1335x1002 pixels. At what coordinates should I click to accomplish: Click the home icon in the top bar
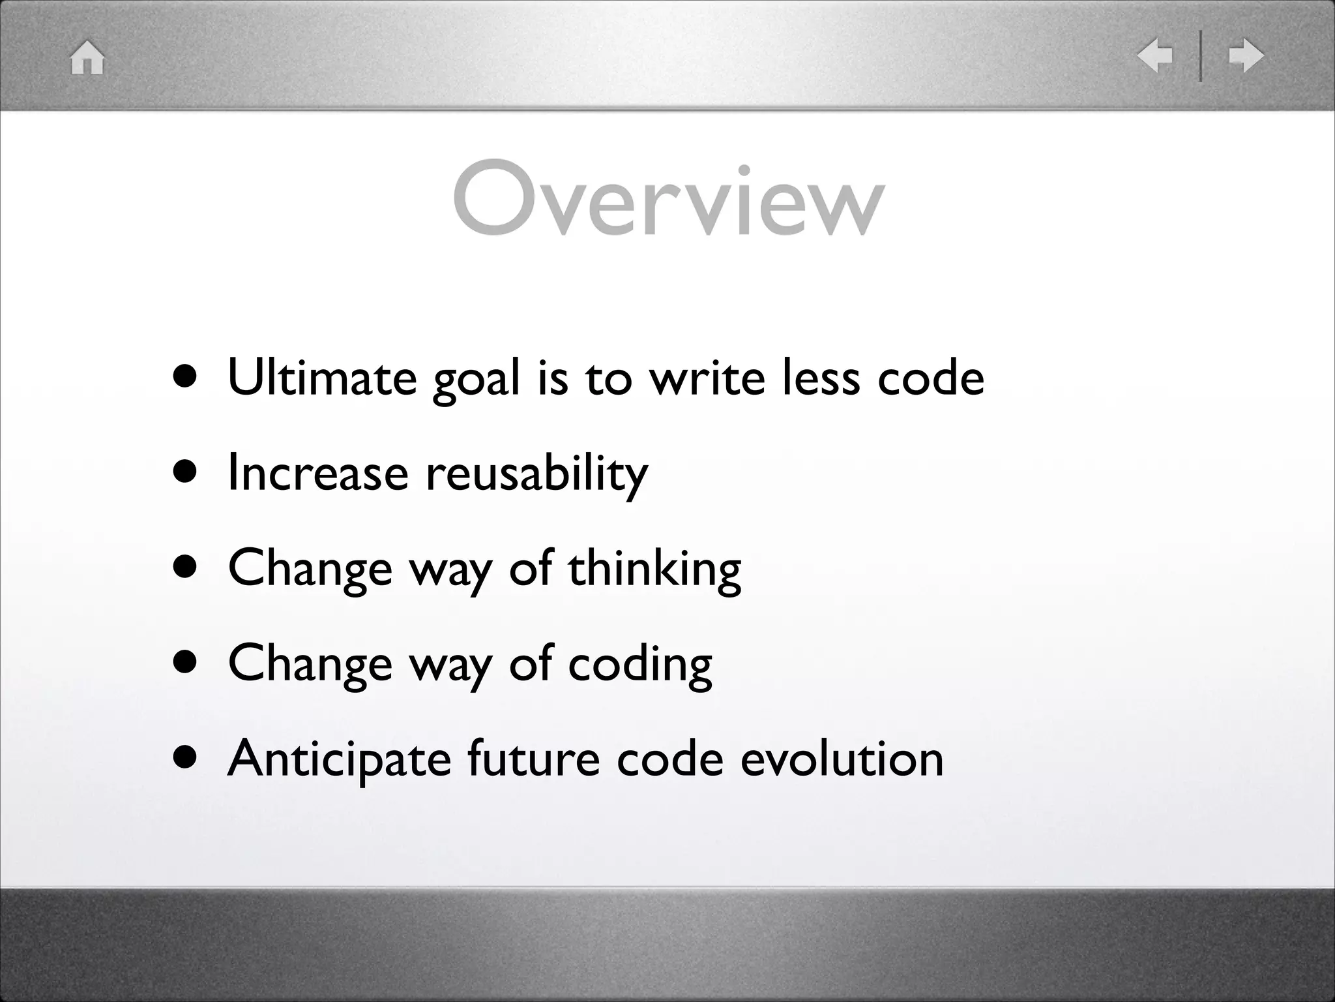(87, 58)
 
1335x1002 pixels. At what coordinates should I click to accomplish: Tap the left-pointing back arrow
(1154, 55)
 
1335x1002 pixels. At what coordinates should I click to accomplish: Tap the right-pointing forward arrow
(1246, 55)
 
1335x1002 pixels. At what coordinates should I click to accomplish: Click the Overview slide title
(669, 198)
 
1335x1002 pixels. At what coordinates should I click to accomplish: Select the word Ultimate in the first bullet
(322, 378)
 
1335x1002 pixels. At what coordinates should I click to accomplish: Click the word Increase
(317, 473)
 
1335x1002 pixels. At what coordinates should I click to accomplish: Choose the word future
(533, 759)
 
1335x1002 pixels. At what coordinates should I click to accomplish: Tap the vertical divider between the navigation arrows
(1200, 56)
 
